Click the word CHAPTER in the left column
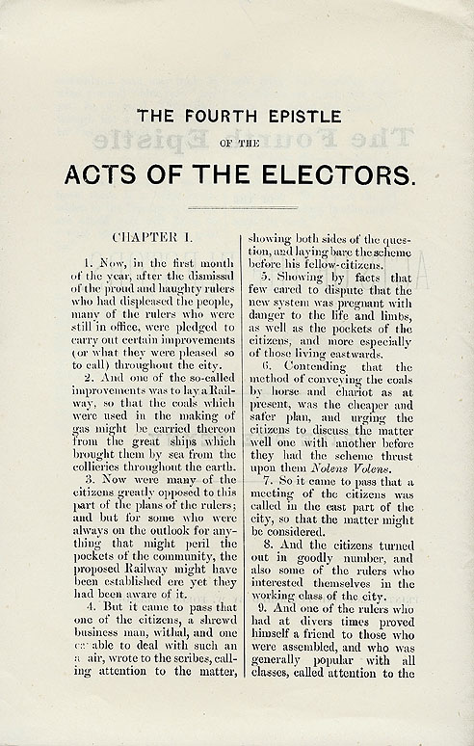click(x=144, y=235)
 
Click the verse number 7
click(x=265, y=482)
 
